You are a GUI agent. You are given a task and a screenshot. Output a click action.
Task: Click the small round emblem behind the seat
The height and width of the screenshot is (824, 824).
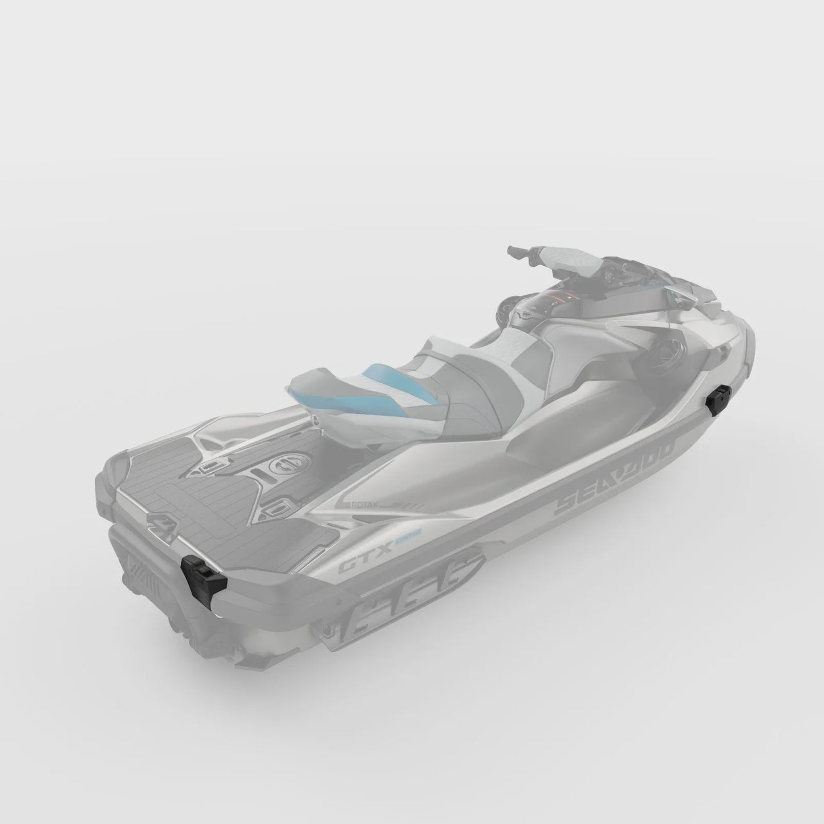(315, 420)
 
